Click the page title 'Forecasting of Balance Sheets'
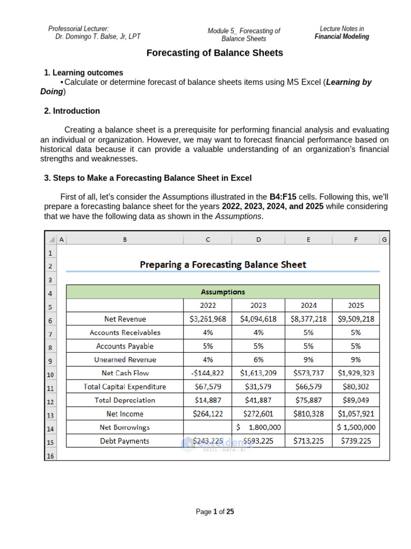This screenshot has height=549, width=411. point(215,53)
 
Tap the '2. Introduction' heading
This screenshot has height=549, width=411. point(72,111)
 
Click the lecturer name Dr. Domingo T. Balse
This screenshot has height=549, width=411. point(98,36)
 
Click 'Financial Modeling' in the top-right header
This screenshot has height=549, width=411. point(341,36)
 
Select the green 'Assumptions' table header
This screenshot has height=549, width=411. point(223,292)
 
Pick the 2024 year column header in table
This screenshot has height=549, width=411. point(308,305)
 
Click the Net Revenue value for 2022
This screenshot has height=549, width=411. point(208,319)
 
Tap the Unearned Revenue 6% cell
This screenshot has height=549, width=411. point(258,360)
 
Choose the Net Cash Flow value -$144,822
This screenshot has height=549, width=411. point(208,373)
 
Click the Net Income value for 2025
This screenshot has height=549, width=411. point(356,414)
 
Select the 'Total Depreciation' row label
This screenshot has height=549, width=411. point(125,400)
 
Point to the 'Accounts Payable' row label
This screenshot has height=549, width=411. point(125,346)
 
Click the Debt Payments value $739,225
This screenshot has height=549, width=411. point(356,441)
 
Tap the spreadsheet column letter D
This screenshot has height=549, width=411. point(258,240)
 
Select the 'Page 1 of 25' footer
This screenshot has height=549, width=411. point(215,512)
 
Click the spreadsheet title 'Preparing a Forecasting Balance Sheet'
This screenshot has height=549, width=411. point(223,264)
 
